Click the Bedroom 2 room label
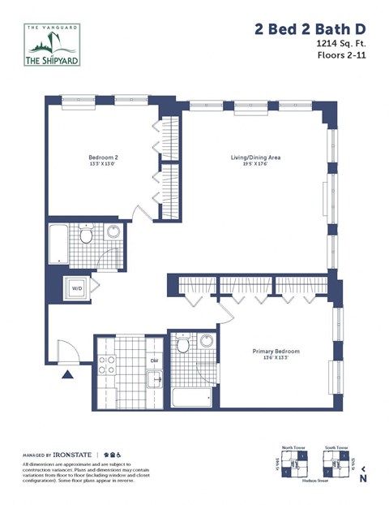click(x=104, y=158)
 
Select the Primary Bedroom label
click(x=276, y=352)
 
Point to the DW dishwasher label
click(x=154, y=361)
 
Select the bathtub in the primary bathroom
click(x=192, y=397)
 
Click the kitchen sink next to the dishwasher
click(x=154, y=378)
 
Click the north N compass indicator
click(x=362, y=479)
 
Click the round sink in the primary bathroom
click(x=207, y=340)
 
